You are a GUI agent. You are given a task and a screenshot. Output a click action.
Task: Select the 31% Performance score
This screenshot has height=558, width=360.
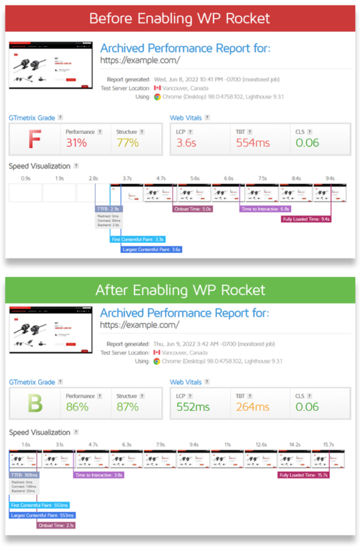[77, 143]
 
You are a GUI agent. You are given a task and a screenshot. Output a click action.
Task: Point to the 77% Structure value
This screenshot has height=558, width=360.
[128, 143]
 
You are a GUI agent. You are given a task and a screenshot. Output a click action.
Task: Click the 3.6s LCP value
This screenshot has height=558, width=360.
[188, 143]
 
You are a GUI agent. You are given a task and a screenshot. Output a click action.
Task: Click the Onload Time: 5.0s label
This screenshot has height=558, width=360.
[193, 209]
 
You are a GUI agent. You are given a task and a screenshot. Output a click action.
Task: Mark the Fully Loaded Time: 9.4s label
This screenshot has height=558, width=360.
[306, 218]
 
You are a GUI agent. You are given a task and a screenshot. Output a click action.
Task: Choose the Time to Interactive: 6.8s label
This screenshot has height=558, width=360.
[265, 209]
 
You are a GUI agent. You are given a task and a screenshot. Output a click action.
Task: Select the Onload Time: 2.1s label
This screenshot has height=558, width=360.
[56, 525]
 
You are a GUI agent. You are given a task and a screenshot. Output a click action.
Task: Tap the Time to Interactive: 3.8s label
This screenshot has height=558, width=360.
[99, 475]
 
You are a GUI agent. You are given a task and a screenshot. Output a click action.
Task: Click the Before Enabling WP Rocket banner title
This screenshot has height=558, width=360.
[180, 17]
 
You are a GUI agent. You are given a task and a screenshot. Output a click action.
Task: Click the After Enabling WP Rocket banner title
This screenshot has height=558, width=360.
[180, 289]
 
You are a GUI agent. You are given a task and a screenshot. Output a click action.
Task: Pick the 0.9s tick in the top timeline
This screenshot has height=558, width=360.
[26, 179]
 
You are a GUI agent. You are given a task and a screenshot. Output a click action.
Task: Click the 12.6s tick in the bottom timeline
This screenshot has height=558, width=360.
[261, 444]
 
